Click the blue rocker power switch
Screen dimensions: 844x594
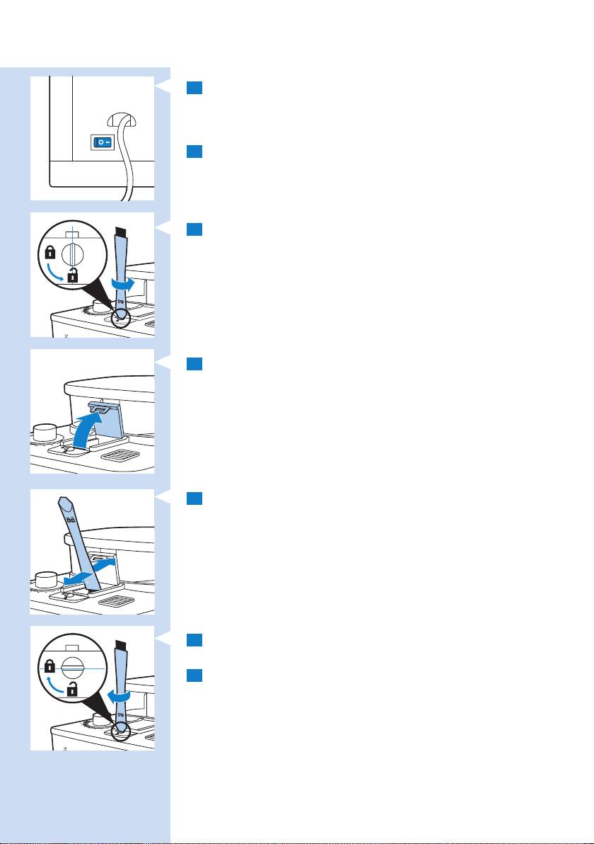pos(101,142)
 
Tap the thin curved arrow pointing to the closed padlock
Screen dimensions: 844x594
pos(56,684)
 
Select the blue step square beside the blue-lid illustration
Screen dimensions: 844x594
pos(195,363)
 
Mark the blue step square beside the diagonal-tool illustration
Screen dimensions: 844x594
pos(195,499)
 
